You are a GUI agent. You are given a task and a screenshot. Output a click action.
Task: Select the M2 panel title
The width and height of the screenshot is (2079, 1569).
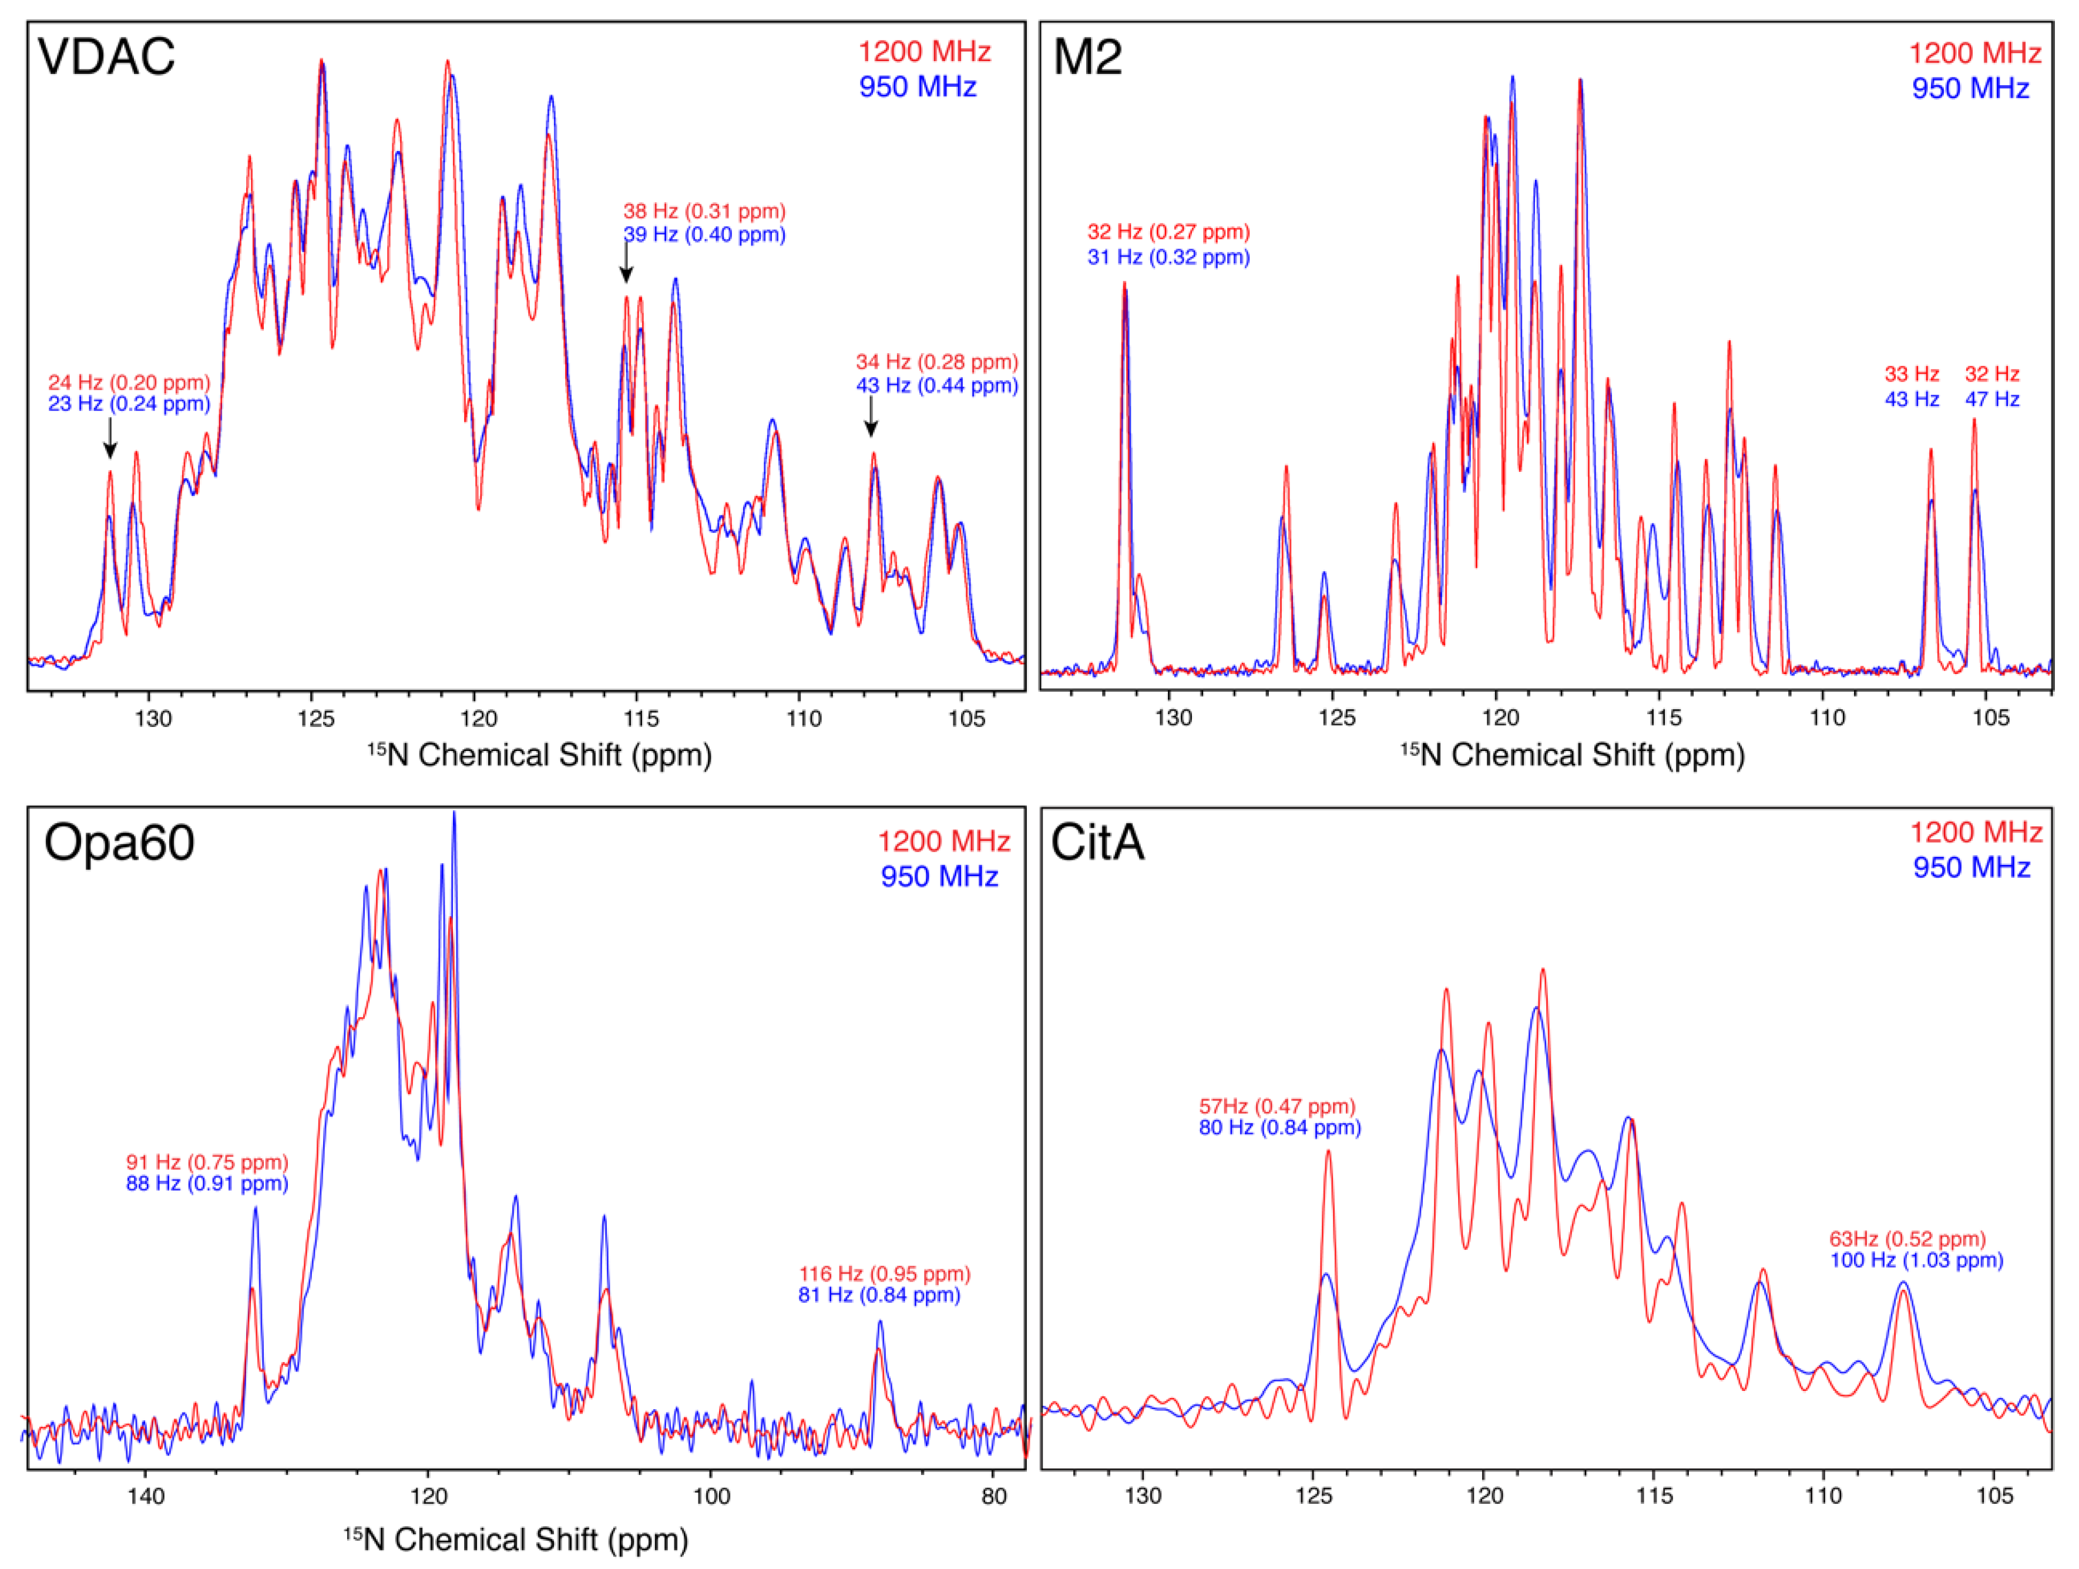point(1087,56)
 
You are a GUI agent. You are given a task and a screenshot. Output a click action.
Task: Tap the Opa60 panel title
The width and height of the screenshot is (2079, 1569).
point(119,842)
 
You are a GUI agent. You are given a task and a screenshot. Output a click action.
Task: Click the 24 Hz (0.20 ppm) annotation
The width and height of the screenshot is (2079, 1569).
point(129,383)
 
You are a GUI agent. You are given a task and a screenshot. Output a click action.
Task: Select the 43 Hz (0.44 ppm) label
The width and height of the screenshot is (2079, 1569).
point(936,385)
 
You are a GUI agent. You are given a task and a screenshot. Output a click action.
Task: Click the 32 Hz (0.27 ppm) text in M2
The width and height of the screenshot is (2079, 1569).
point(1168,232)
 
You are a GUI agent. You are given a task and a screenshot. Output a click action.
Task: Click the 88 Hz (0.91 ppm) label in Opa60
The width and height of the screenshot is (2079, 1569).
point(207,1184)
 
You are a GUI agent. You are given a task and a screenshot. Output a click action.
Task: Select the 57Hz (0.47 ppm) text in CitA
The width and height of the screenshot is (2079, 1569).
point(1277,1107)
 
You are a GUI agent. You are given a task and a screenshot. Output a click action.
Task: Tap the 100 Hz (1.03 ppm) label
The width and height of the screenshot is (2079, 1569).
point(1916,1260)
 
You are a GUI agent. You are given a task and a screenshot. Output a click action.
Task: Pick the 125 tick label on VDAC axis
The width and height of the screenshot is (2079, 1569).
point(316,719)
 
